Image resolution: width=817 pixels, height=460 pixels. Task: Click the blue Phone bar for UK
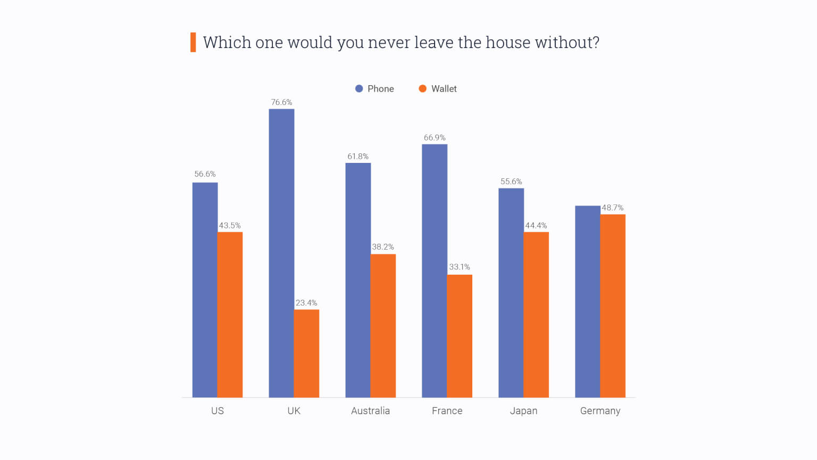click(281, 253)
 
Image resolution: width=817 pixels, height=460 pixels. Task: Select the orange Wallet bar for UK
click(306, 353)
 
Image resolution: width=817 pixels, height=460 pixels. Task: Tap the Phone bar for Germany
click(587, 301)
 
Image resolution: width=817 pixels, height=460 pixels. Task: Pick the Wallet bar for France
click(460, 336)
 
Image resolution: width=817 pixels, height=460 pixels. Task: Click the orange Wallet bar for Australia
click(383, 325)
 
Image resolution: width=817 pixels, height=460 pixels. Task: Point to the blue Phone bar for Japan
click(511, 292)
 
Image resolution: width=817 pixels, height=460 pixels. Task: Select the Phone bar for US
click(205, 290)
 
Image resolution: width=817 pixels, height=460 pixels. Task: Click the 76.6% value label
click(281, 102)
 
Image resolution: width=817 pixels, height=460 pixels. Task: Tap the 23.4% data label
click(306, 303)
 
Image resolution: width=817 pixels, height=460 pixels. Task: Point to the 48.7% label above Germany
click(613, 208)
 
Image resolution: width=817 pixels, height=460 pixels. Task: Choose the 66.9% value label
click(435, 137)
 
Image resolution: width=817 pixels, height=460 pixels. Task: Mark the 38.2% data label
click(383, 247)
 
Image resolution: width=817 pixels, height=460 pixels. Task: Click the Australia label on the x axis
click(370, 410)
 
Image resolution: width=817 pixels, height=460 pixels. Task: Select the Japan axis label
click(523, 410)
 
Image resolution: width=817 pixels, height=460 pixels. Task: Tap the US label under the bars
click(217, 410)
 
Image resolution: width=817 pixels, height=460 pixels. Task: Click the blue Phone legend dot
click(359, 89)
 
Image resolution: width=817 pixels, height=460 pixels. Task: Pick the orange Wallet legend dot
click(422, 89)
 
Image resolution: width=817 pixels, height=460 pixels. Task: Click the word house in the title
click(508, 42)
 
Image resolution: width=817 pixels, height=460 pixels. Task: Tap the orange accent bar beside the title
click(193, 42)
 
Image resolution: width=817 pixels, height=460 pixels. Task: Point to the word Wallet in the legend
click(444, 89)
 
